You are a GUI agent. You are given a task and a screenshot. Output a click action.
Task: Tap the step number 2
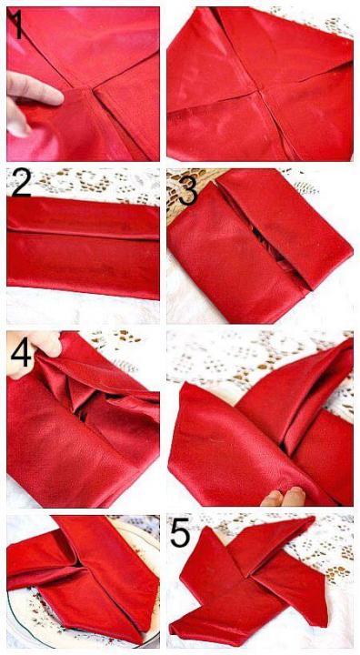pyautogui.click(x=22, y=183)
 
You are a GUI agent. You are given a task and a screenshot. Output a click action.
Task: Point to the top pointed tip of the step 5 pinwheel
pyautogui.click(x=313, y=519)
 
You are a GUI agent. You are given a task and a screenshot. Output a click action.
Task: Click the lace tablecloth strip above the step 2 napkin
pyautogui.click(x=83, y=182)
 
